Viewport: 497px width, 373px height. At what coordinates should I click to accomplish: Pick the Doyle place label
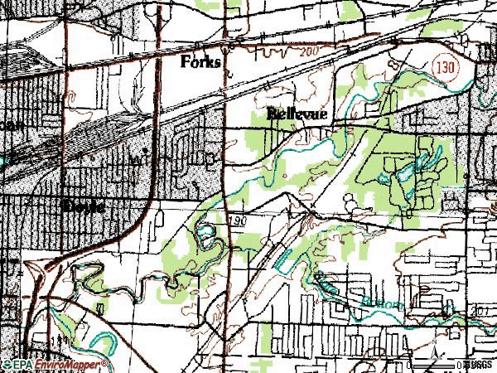pyautogui.click(x=83, y=206)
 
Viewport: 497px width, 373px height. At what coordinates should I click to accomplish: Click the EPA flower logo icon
pyautogui.click(x=7, y=364)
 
